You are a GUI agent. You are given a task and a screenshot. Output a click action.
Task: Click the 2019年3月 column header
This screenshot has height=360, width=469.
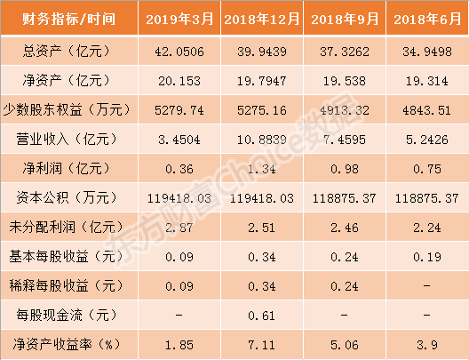(x=179, y=20)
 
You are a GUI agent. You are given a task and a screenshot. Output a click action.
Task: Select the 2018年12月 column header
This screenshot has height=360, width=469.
(x=262, y=20)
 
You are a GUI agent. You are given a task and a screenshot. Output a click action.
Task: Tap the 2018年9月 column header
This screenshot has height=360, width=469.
(x=345, y=20)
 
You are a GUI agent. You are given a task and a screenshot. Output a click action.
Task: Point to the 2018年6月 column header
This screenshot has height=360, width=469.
(x=427, y=20)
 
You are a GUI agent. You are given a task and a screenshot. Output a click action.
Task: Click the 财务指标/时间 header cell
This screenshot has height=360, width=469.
(x=68, y=20)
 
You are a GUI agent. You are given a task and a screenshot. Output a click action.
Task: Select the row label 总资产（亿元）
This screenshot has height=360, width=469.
(x=67, y=52)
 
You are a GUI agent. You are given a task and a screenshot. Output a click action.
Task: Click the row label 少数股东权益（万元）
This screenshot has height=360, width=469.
(x=67, y=110)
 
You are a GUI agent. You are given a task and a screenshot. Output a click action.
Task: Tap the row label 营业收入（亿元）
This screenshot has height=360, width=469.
(x=67, y=140)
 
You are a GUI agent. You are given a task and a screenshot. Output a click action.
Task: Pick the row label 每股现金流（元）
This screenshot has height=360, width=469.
(x=67, y=316)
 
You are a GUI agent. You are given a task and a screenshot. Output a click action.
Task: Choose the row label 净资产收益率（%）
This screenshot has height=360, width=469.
(x=67, y=344)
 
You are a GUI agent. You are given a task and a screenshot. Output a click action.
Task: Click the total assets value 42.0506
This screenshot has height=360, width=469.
(x=179, y=52)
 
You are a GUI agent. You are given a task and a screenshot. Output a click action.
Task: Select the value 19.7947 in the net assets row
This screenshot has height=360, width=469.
(x=262, y=81)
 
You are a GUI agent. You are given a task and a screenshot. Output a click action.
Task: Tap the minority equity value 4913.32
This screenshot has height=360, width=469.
(x=345, y=110)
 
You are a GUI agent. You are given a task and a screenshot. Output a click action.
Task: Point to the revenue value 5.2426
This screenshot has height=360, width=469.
(x=427, y=140)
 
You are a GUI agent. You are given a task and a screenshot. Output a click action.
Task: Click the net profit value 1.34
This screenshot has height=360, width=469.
(x=262, y=169)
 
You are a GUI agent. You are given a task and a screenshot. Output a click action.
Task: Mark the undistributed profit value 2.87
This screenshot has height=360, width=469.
(x=179, y=228)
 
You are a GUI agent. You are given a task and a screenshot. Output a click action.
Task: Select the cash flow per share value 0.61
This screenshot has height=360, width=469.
(x=262, y=316)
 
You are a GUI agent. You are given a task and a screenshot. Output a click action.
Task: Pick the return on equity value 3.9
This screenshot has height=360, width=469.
(x=427, y=345)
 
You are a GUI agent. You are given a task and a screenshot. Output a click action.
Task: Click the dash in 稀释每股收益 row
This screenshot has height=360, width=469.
(x=427, y=286)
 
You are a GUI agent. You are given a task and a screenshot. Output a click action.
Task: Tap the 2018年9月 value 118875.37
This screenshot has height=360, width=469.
(x=345, y=198)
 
